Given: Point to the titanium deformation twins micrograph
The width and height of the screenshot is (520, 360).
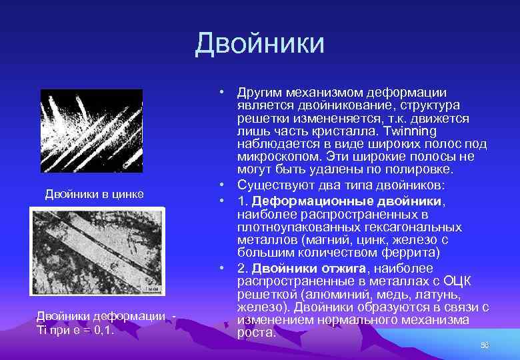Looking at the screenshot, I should [97, 250].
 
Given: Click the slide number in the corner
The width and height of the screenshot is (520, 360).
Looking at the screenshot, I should [485, 345].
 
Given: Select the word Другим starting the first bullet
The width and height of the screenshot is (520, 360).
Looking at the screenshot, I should [260, 93].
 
